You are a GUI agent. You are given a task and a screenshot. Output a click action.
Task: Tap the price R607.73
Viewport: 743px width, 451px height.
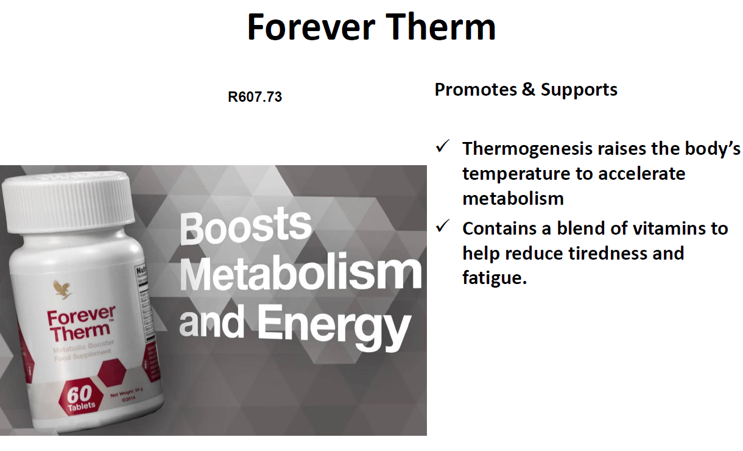[255, 97]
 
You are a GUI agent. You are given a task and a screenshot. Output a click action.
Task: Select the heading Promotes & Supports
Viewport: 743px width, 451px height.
[526, 90]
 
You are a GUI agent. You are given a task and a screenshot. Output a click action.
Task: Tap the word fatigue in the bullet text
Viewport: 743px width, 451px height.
[494, 279]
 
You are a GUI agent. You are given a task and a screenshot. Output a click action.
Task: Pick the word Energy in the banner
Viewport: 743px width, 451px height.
[332, 325]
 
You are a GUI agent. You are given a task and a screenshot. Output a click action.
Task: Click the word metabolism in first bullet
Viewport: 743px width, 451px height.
[513, 198]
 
